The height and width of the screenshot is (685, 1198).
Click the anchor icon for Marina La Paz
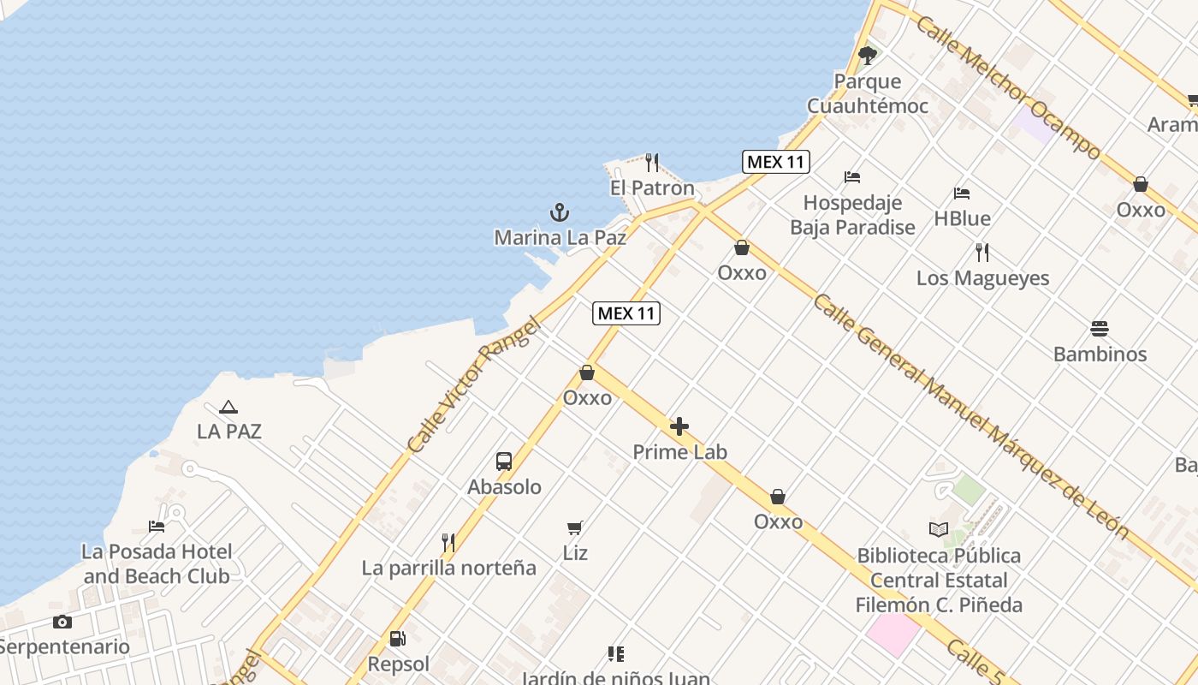pos(559,212)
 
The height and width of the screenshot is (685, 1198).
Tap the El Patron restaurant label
pos(652,188)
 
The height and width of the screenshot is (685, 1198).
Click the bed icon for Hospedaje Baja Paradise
pos(852,177)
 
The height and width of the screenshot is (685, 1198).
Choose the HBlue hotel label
pos(962,218)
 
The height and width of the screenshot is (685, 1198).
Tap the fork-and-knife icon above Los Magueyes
pos(982,253)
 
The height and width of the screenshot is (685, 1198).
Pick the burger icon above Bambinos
pos(1100,329)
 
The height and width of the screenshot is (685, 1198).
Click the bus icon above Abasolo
pos(504,462)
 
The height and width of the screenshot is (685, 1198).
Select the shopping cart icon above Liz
pos(575,527)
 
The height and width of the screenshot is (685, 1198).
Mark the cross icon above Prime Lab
pos(679,426)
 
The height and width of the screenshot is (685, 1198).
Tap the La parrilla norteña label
pos(448,568)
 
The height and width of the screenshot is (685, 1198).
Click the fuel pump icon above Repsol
pos(397,639)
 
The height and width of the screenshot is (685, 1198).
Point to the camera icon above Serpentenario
pos(62,622)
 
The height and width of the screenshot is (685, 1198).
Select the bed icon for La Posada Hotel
pos(157,526)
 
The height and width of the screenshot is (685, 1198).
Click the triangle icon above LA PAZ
pos(228,408)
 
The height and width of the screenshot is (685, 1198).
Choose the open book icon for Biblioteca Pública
pos(939,530)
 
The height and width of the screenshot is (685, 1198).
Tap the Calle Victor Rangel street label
pos(474,385)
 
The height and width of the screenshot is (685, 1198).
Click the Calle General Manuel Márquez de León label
pos(970,415)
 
